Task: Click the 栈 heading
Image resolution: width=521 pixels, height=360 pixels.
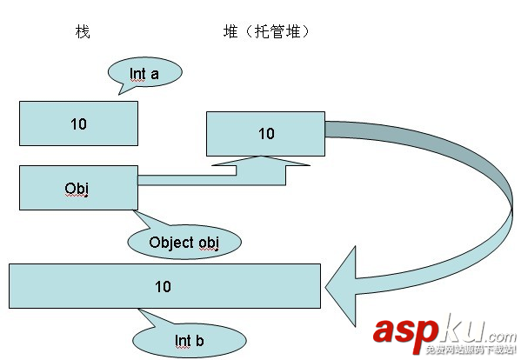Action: point(83,32)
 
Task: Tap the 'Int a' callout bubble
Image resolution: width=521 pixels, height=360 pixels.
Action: point(145,74)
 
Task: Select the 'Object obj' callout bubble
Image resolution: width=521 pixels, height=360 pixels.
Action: point(184,242)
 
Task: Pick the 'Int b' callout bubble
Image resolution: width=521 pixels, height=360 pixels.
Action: point(189,340)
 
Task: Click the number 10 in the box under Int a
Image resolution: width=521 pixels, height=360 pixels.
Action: point(78,123)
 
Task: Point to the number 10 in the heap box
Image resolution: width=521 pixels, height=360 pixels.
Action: point(266,133)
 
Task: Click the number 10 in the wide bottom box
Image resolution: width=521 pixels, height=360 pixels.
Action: point(163,286)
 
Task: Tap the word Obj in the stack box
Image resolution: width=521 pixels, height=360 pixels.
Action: point(77,188)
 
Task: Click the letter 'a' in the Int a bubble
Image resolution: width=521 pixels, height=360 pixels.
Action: point(155,74)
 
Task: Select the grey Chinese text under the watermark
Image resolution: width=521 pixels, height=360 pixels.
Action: point(465,350)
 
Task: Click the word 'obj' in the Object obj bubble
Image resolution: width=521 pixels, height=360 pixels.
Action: point(206,243)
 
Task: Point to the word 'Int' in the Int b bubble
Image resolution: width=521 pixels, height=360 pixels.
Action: point(182,340)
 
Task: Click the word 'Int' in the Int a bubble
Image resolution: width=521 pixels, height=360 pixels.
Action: point(138,74)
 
